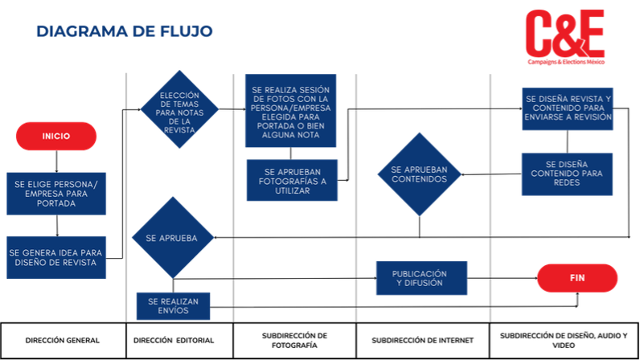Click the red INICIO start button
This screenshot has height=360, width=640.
click(56, 136)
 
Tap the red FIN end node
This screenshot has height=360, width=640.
click(577, 278)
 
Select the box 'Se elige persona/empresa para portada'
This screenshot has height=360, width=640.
click(56, 194)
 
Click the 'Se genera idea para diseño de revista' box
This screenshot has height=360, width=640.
click(56, 258)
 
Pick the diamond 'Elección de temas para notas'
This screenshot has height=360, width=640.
click(179, 109)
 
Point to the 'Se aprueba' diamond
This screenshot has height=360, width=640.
click(173, 238)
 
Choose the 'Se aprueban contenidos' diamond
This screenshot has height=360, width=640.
click(419, 174)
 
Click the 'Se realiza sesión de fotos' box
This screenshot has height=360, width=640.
click(290, 111)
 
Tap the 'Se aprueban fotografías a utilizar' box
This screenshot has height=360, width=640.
click(292, 180)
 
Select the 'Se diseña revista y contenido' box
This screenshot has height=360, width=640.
click(568, 109)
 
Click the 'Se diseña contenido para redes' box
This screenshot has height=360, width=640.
click(567, 174)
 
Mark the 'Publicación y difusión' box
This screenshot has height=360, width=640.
click(421, 278)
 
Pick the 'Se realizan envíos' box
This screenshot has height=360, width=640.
click(173, 306)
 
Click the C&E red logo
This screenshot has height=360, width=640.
click(565, 37)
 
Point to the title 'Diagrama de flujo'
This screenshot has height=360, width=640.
click(125, 31)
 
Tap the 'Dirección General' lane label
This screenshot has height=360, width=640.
click(63, 341)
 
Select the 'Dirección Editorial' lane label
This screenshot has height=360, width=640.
click(174, 341)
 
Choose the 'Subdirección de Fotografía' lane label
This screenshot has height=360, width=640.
click(294, 341)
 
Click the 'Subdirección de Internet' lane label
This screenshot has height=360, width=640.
click(422, 341)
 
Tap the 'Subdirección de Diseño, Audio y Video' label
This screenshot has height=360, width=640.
click(564, 341)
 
